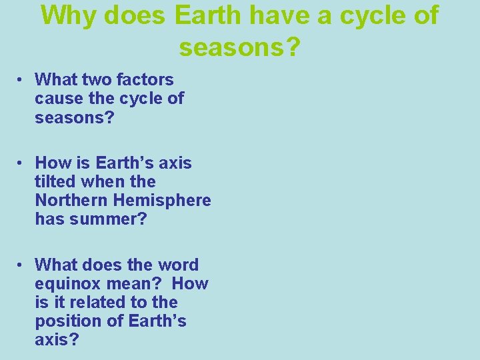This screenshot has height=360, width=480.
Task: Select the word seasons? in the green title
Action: click(240, 46)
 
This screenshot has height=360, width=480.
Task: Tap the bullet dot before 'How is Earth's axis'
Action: click(22, 163)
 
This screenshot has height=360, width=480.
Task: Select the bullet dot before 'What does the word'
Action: click(22, 265)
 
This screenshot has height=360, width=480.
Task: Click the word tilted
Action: click(56, 181)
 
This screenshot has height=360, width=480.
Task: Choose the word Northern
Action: click(71, 200)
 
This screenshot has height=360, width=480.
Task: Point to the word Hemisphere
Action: click(162, 200)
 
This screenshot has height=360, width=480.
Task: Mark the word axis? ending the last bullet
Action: click(57, 340)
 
